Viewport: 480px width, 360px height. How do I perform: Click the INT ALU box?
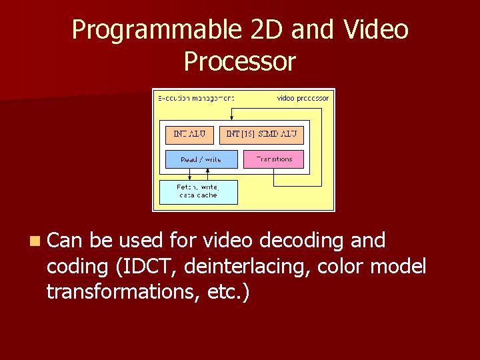click(190, 135)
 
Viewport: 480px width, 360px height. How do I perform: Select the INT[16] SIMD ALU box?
click(261, 135)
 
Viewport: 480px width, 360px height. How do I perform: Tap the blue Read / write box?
click(201, 159)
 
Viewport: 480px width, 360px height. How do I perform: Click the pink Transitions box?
click(274, 159)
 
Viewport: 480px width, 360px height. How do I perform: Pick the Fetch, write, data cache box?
click(198, 192)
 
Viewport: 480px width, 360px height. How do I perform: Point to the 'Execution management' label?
click(195, 98)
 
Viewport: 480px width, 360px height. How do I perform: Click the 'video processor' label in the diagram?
click(303, 98)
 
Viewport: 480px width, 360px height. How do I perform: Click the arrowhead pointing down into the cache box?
click(190, 178)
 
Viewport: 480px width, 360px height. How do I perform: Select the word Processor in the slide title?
click(239, 61)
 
